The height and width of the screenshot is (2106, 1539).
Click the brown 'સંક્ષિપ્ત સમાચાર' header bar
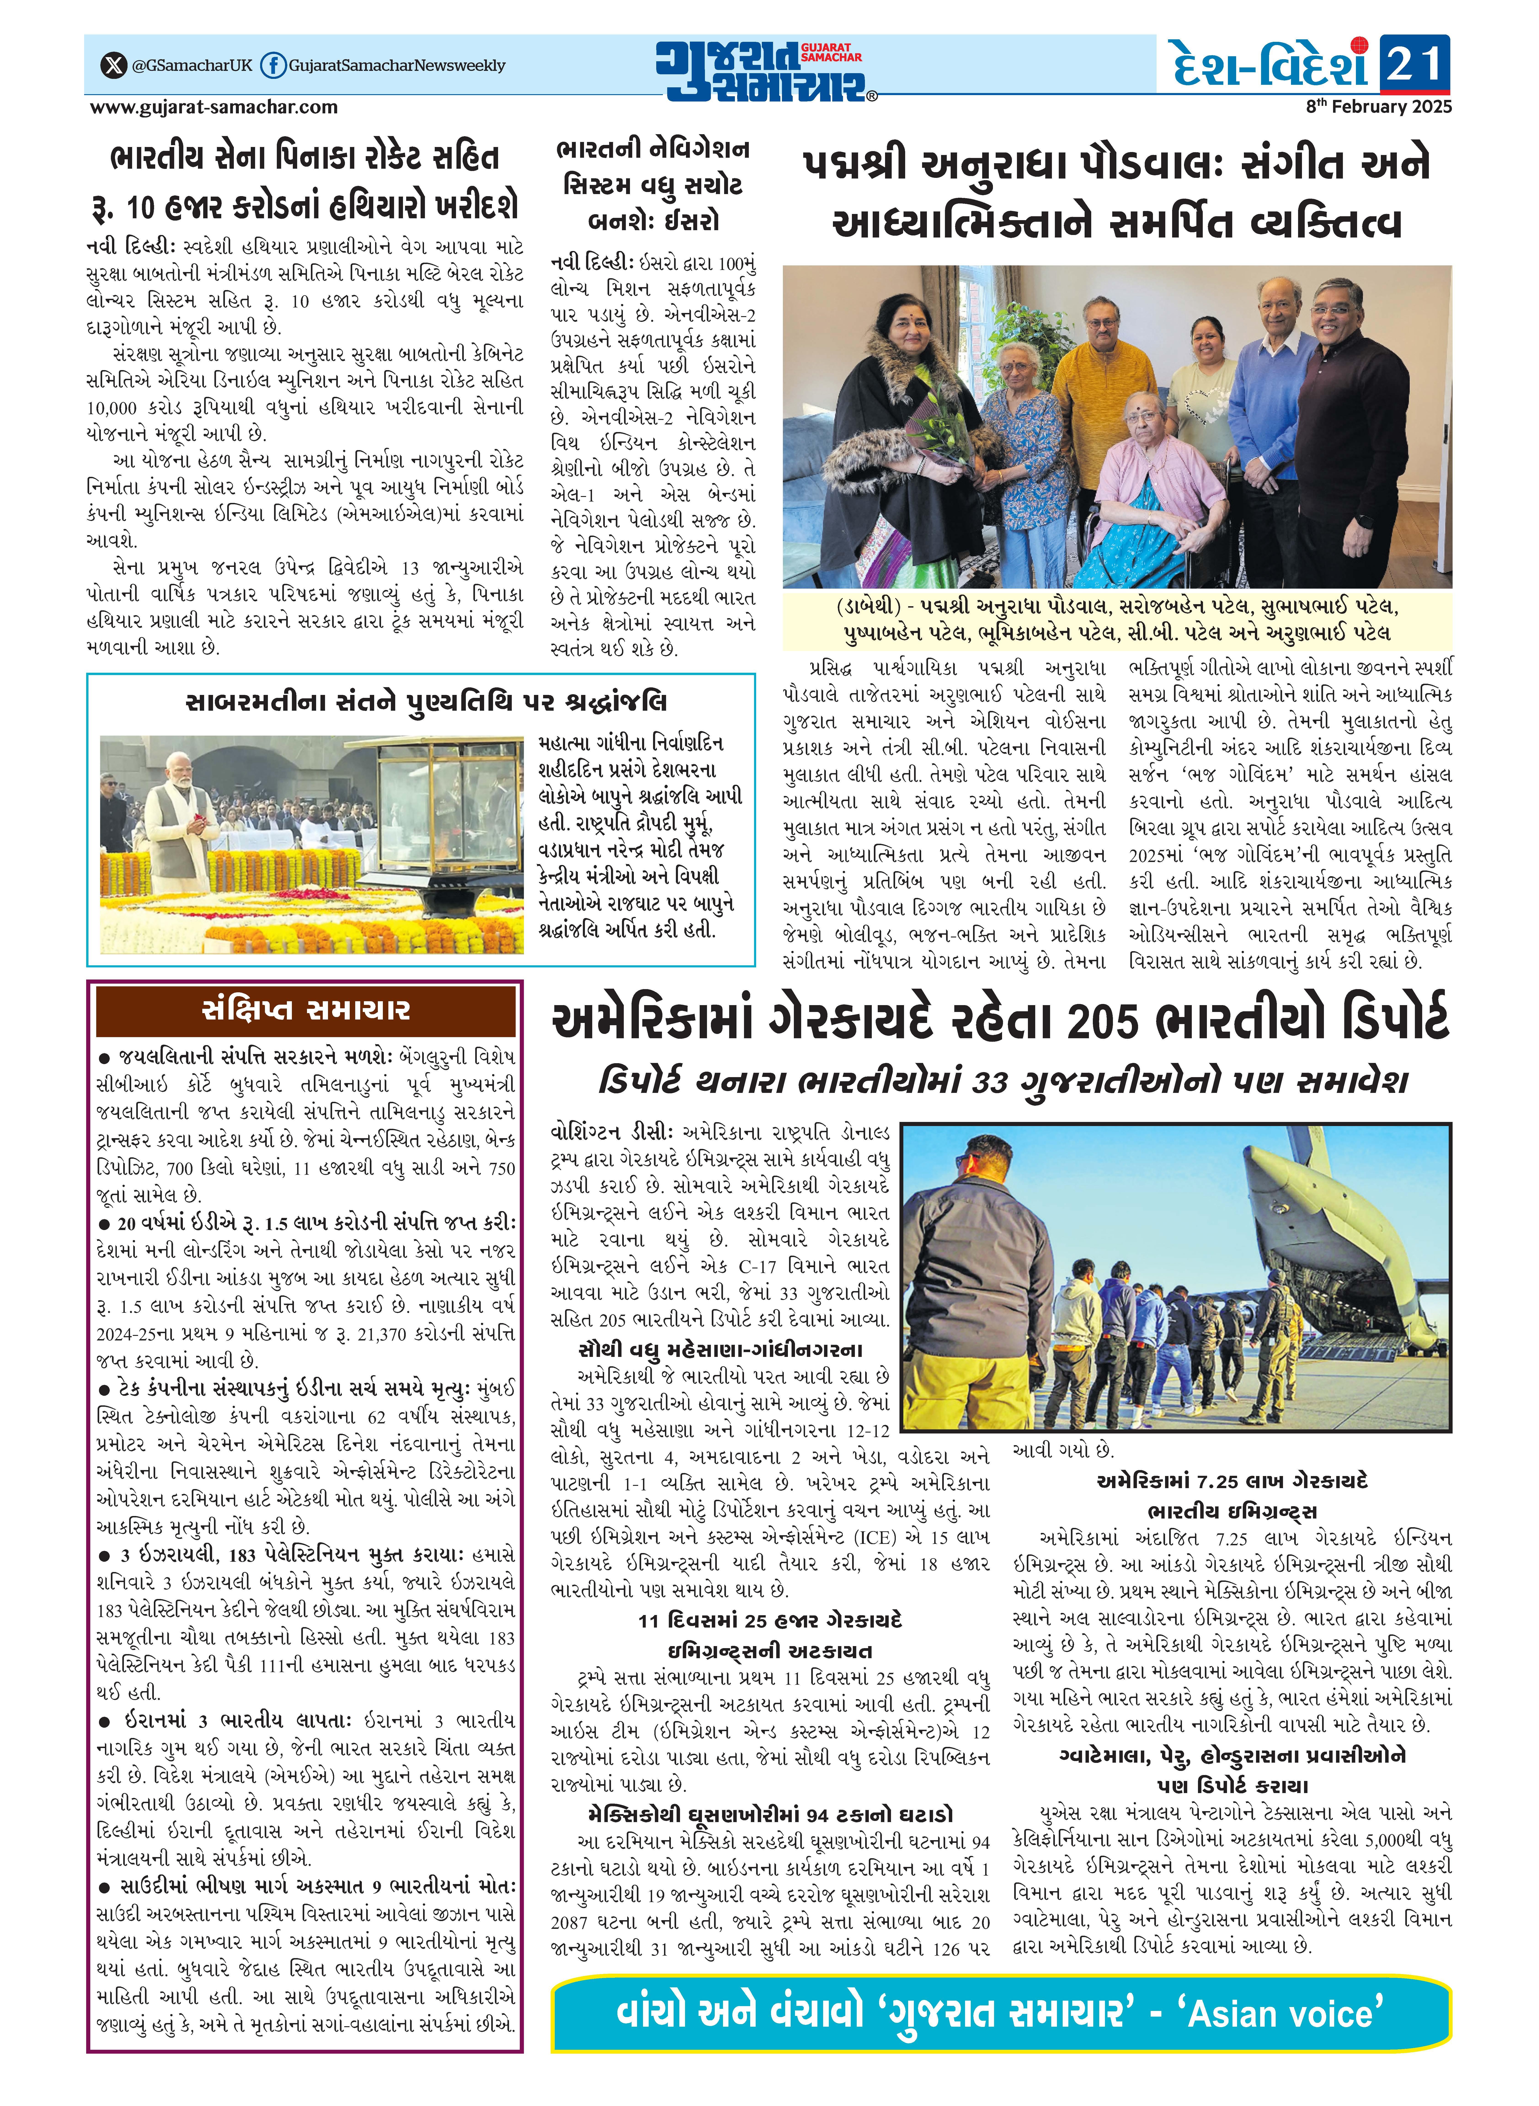[306, 1011]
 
